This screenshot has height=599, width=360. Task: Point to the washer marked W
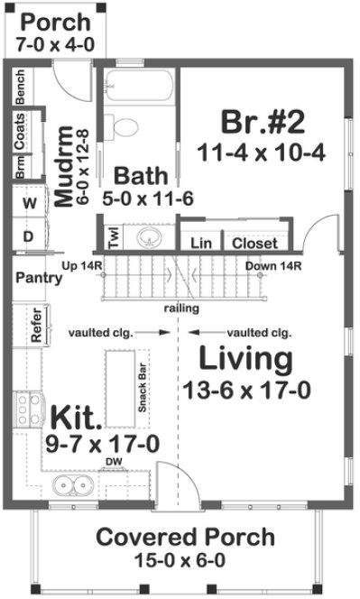coord(29,204)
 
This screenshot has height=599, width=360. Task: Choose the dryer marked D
coord(29,235)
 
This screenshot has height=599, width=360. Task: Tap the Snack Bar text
coord(142,387)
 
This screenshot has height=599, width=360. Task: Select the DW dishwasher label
coord(113,462)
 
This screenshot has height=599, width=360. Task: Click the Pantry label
coord(39,278)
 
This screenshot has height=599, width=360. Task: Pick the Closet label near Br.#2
coord(254,243)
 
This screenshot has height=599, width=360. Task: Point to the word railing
coord(181,309)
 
